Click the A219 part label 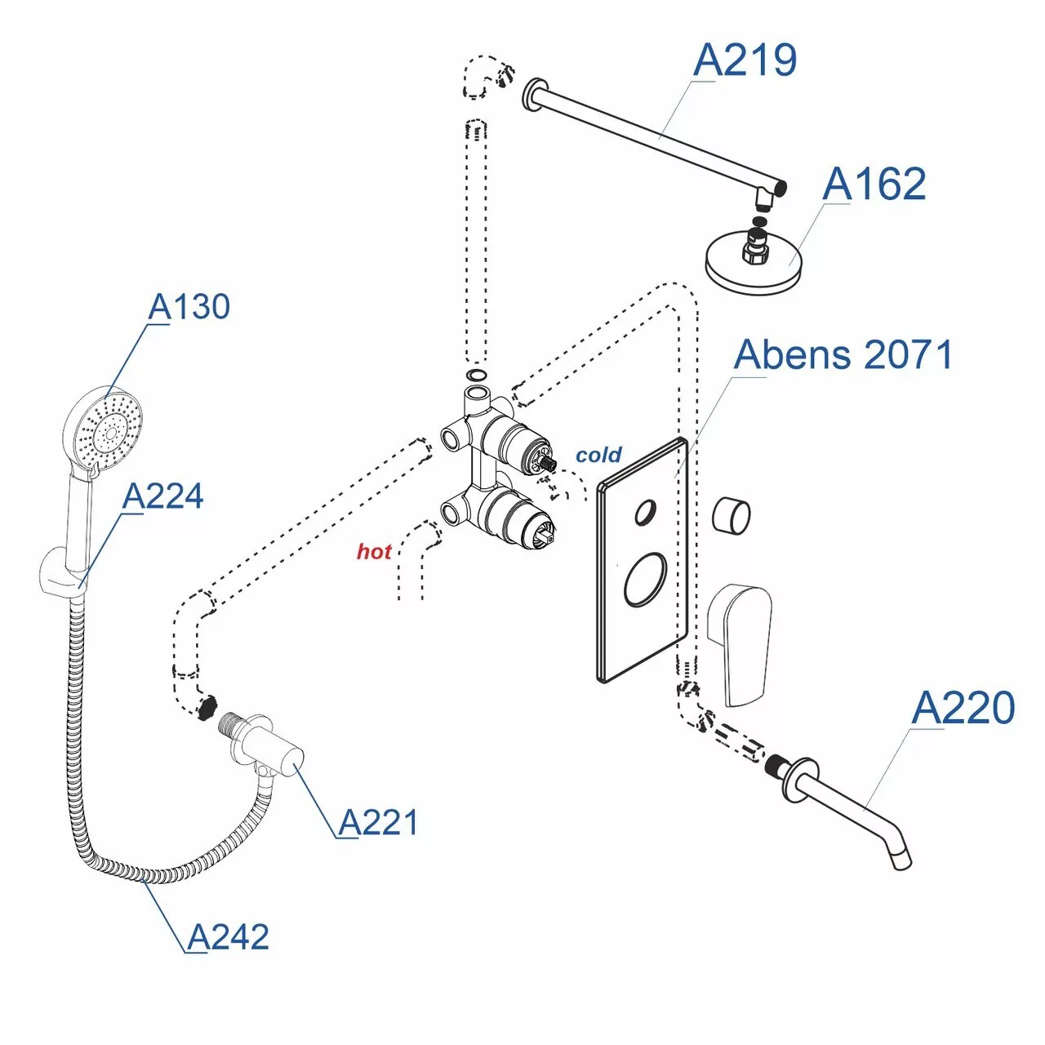(745, 60)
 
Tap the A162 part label (874, 185)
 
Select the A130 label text (189, 307)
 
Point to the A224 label (162, 496)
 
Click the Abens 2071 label (843, 355)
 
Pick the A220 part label (963, 708)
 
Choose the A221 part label (378, 822)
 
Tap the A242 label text (228, 937)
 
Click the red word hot (374, 552)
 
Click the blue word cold (598, 455)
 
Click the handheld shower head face (104, 429)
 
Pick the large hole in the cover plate (645, 580)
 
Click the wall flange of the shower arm (534, 96)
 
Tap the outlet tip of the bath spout (901, 860)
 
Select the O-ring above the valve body (477, 375)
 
